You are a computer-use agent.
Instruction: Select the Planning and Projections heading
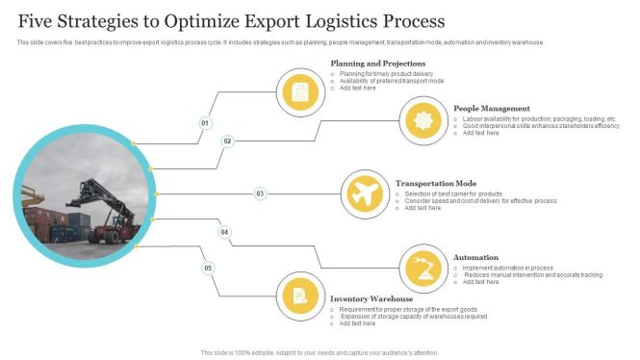(378, 64)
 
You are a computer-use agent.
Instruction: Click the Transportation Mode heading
(436, 182)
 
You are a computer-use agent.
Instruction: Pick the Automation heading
(475, 257)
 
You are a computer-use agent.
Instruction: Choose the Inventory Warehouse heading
(371, 299)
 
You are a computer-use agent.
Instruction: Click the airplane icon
(364, 193)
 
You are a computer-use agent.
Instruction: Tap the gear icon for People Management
(422, 120)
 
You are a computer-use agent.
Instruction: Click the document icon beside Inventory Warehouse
(300, 295)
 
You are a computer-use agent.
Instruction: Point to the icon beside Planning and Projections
(300, 93)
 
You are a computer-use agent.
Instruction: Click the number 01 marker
(205, 123)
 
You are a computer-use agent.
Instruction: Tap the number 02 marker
(228, 141)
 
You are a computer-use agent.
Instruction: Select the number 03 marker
(260, 193)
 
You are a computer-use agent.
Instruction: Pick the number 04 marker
(225, 232)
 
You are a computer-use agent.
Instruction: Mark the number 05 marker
(207, 268)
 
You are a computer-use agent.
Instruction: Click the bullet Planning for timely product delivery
(387, 73)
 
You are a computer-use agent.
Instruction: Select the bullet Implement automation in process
(507, 268)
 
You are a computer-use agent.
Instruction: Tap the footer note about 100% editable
(320, 352)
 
